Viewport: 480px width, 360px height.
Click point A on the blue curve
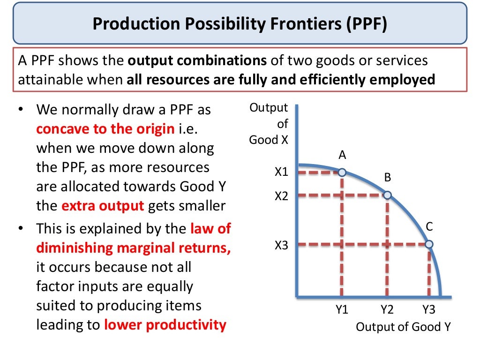coord(342,173)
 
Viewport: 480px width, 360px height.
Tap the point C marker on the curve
coord(429,244)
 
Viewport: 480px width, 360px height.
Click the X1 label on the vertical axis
coord(281,172)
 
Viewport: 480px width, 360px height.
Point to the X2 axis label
coord(281,196)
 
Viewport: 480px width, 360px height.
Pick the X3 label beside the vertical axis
coord(281,245)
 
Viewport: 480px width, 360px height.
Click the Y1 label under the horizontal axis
coord(342,309)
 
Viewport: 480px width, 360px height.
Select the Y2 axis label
coord(387,309)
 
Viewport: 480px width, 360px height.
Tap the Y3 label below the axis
coord(429,309)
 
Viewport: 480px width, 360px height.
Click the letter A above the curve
coord(342,155)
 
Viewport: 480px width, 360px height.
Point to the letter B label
coord(388,178)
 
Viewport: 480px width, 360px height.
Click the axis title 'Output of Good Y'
coord(403,327)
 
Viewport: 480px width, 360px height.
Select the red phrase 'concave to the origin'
coord(105,129)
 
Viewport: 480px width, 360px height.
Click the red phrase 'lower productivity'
coord(165,324)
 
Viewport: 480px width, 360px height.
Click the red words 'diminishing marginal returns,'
coord(134,247)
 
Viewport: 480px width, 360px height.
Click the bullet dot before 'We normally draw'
coord(21,110)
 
